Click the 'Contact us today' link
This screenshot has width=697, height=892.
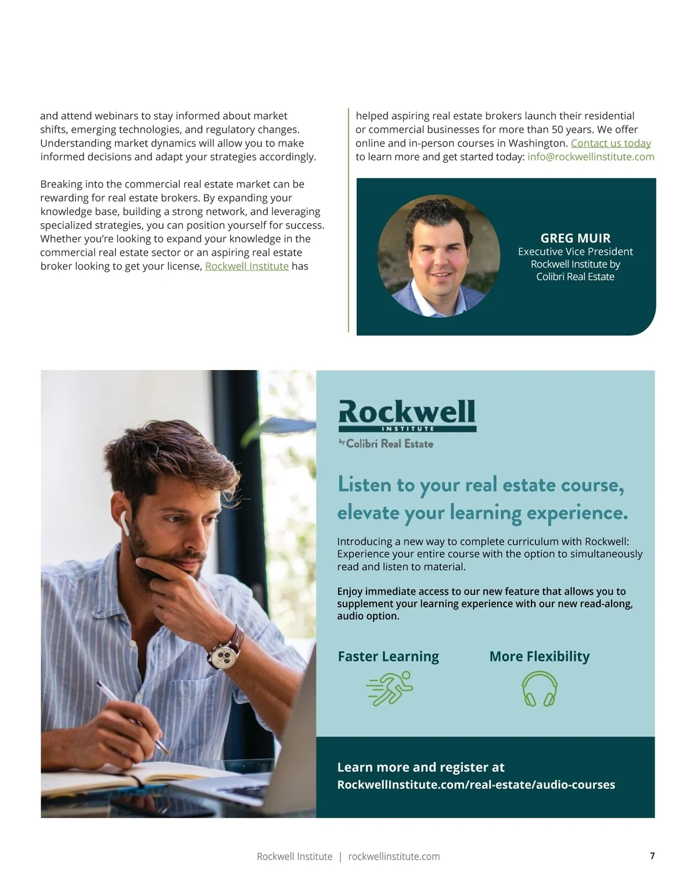point(610,143)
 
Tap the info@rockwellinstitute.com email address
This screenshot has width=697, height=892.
point(591,157)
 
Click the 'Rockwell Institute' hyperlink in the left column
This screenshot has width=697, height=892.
point(246,266)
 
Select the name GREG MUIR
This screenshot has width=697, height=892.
point(575,238)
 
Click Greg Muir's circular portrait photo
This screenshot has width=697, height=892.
point(439,256)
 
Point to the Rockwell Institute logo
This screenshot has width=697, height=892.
point(407,415)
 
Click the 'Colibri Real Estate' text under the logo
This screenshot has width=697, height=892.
point(389,443)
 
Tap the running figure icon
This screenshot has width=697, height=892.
point(390,689)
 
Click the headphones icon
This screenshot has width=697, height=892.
point(539,689)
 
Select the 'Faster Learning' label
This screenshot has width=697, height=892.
point(388,657)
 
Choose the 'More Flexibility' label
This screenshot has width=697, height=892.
point(539,657)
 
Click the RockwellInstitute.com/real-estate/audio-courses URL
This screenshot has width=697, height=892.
point(476,784)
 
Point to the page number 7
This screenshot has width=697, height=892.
point(652,856)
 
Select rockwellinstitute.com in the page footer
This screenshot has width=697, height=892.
point(394,857)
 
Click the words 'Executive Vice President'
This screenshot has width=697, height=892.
point(575,252)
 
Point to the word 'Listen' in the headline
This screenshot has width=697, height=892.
point(364,485)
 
